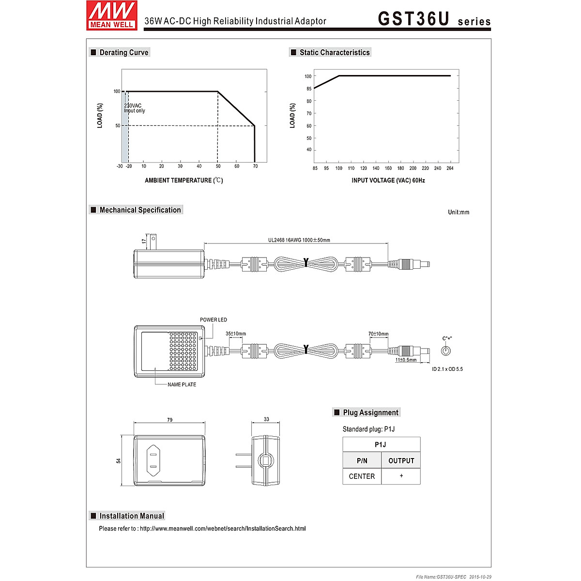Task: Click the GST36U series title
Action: pyautogui.click(x=434, y=19)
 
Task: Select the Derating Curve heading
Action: pyautogui.click(x=123, y=52)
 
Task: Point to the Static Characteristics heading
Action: pyautogui.click(x=334, y=52)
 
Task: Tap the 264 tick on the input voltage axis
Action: pyautogui.click(x=450, y=168)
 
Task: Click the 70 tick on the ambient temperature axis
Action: pyautogui.click(x=255, y=167)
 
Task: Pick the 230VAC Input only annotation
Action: pyautogui.click(x=134, y=108)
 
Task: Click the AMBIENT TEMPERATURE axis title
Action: pyautogui.click(x=183, y=181)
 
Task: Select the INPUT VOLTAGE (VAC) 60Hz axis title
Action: pyautogui.click(x=388, y=181)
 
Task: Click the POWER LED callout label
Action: pyautogui.click(x=213, y=320)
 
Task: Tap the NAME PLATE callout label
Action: pyautogui.click(x=182, y=385)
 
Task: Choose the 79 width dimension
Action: pyautogui.click(x=169, y=420)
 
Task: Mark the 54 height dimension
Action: pyautogui.click(x=119, y=460)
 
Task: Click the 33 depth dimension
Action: pyautogui.click(x=266, y=419)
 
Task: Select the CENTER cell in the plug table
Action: pyautogui.click(x=362, y=476)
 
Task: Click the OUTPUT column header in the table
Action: pyautogui.click(x=401, y=461)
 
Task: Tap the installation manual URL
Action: pyautogui.click(x=223, y=529)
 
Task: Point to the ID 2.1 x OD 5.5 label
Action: pyautogui.click(x=447, y=369)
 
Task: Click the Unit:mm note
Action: pyautogui.click(x=458, y=212)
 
